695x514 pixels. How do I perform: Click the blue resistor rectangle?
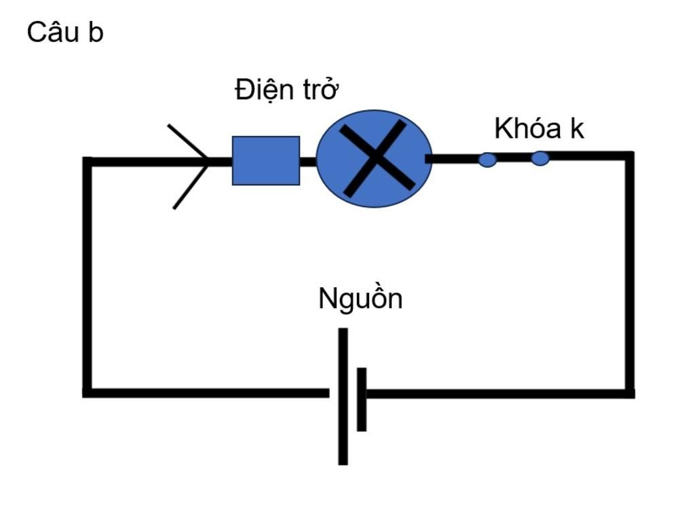click(265, 160)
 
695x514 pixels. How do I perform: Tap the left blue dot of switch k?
click(487, 160)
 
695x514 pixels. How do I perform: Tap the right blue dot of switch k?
click(540, 159)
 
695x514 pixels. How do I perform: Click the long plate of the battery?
click(343, 397)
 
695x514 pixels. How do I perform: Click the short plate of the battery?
click(362, 399)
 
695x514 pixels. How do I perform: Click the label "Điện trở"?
click(286, 90)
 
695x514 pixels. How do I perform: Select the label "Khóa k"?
click(539, 128)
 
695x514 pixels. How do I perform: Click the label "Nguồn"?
click(360, 299)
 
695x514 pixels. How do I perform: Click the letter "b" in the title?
click(96, 33)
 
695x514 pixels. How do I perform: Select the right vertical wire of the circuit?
click(630, 272)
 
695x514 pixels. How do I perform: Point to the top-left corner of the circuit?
click(88, 162)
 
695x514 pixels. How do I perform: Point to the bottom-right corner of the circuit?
click(630, 393)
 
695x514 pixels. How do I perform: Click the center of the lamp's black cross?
click(376, 158)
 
